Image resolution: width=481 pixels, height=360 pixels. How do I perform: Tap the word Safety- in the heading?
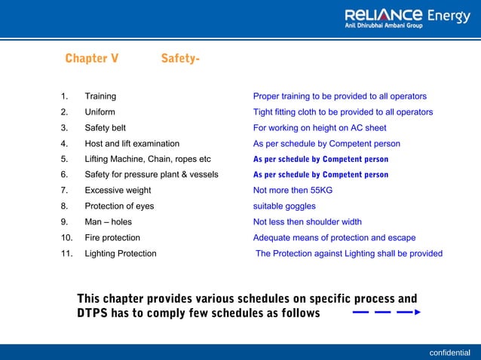(180, 59)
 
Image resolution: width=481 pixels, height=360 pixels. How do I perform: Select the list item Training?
(100, 96)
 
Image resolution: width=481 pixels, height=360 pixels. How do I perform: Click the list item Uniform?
(100, 112)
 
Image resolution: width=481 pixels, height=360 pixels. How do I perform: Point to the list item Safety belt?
(105, 128)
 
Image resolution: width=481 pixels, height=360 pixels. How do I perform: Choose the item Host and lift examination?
(132, 143)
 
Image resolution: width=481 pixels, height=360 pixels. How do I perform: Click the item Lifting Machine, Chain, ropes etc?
(147, 159)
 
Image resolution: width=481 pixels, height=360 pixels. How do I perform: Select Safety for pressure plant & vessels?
(151, 175)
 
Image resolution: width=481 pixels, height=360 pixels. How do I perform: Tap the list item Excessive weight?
(118, 191)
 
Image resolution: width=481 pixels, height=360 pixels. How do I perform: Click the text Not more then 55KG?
(293, 191)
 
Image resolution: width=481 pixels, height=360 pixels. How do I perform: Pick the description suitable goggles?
(284, 206)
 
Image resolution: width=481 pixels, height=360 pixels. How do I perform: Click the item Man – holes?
(108, 222)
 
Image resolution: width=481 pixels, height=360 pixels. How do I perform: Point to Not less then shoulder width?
(307, 222)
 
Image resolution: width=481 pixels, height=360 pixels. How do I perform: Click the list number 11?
(66, 254)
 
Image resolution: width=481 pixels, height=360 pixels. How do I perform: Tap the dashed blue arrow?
(385, 312)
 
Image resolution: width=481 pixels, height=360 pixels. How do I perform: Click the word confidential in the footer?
(449, 352)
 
